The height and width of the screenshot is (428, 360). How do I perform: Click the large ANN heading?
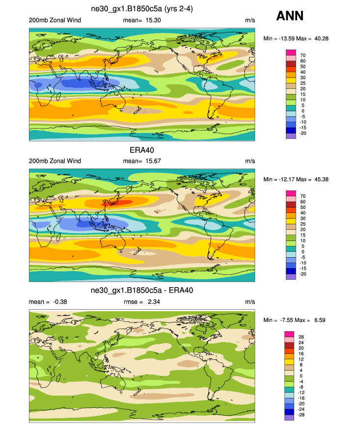coord(290,16)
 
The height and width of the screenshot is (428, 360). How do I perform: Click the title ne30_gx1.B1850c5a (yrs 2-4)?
coord(142,9)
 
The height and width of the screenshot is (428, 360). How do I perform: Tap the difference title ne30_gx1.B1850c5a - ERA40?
coord(142,291)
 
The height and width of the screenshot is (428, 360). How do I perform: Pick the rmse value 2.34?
coord(152,301)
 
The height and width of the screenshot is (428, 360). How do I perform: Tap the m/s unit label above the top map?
coord(249,20)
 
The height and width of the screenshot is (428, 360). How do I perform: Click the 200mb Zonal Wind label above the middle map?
coord(55,161)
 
